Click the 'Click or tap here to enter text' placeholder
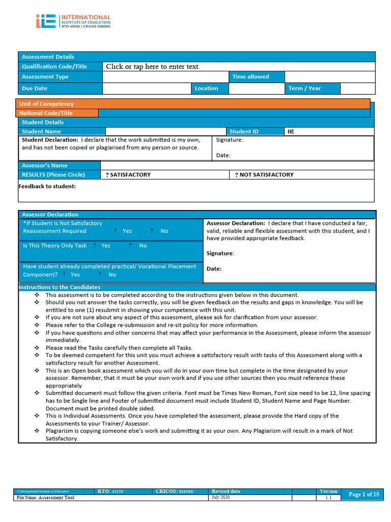point(153,67)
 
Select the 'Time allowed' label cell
point(250,77)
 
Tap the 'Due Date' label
point(35,89)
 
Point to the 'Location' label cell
point(206,89)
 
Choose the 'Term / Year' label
point(304,89)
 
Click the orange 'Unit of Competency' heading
point(46,104)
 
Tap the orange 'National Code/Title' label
point(46,113)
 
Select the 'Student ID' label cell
point(244,132)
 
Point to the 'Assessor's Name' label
point(44,166)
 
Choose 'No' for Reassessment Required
point(164,231)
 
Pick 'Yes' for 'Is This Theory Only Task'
point(105,246)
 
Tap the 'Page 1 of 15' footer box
point(364,494)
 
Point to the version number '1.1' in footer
point(328,498)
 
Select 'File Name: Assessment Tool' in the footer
point(46,498)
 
